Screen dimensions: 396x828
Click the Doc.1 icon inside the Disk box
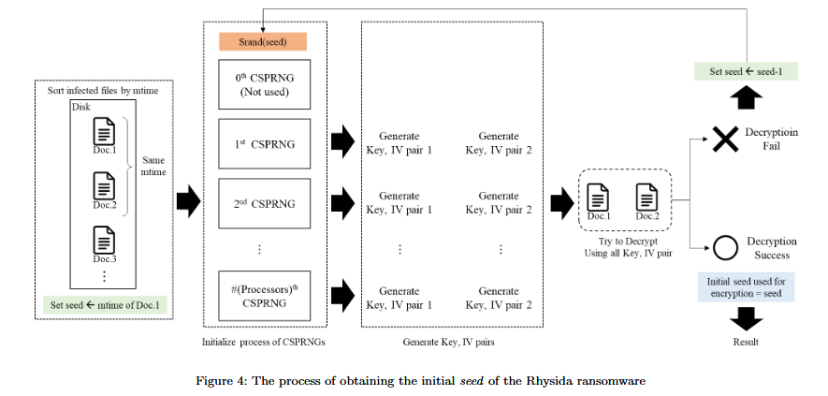105,132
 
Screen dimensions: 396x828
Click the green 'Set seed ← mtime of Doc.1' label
105,305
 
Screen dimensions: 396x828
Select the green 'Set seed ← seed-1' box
746,71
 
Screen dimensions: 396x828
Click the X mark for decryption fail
725,139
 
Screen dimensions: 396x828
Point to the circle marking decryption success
725,248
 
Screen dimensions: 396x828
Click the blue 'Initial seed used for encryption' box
746,287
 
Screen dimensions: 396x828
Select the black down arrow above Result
746,317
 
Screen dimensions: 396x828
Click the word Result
746,341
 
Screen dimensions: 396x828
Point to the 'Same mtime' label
152,167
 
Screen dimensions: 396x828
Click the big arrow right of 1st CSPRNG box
342,143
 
